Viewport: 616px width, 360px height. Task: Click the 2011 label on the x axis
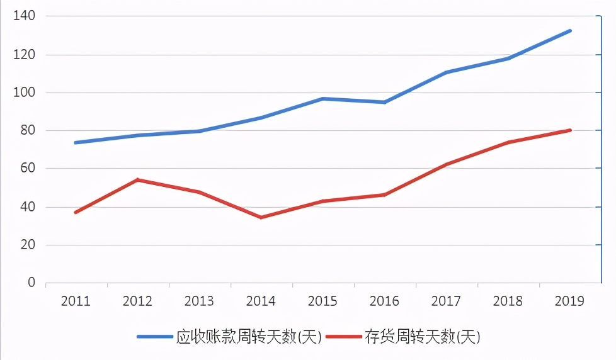(x=76, y=301)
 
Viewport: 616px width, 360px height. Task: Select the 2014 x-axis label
(x=261, y=301)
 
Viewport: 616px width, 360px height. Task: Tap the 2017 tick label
(x=446, y=301)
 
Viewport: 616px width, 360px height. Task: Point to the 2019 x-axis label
(x=569, y=301)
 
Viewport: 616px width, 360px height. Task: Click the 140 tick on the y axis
(x=25, y=16)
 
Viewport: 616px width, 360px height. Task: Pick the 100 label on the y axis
(x=25, y=93)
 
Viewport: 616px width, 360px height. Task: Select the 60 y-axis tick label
(x=28, y=169)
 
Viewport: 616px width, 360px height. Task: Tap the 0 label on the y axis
(x=31, y=283)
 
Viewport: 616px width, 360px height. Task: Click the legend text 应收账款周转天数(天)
(x=249, y=337)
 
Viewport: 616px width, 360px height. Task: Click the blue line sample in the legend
(x=155, y=337)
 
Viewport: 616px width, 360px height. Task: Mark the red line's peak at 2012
(x=137, y=180)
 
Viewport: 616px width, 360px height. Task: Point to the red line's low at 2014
(x=261, y=217)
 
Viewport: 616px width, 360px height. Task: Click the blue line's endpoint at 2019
(x=569, y=30)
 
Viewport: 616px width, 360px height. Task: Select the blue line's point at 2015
(x=322, y=99)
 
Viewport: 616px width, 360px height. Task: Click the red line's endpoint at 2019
(x=569, y=130)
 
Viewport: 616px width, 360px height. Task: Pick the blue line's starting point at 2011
(x=76, y=142)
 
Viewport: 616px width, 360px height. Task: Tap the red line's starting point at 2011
(x=76, y=212)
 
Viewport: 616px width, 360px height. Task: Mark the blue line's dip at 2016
(x=384, y=102)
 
